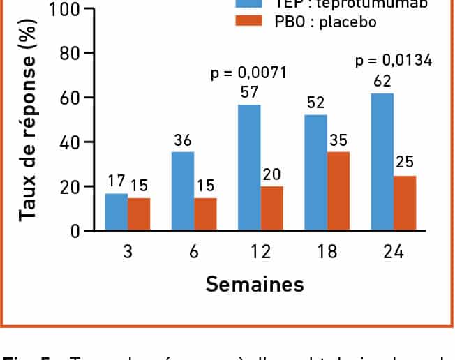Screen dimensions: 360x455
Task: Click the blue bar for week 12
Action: click(249, 167)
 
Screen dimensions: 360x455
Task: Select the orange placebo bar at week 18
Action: click(338, 191)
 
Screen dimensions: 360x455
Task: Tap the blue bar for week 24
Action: click(382, 162)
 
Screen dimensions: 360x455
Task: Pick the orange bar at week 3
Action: click(139, 214)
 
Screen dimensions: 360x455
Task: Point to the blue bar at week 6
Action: click(183, 191)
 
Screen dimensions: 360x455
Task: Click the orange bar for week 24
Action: click(405, 203)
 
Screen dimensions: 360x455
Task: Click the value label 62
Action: click(382, 82)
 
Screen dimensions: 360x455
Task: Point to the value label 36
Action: click(183, 141)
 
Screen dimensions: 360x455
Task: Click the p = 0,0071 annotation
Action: click(249, 73)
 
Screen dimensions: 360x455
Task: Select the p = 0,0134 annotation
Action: click(393, 61)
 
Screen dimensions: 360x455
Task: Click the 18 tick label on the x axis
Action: click(327, 253)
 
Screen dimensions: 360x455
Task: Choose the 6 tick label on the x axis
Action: click(194, 253)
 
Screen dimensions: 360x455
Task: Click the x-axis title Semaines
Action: click(254, 284)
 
